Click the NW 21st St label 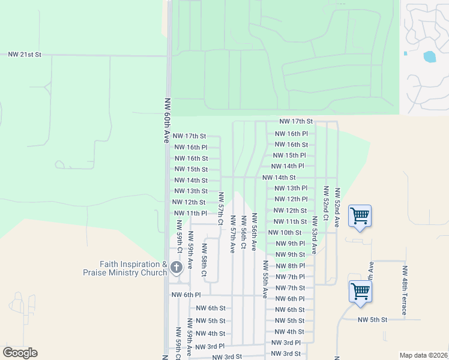(25, 54)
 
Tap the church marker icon (176, 268)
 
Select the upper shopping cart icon (360, 215)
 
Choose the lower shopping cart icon (360, 292)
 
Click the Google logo (20, 352)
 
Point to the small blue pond (429, 57)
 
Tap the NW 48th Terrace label (405, 290)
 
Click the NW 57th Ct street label (221, 206)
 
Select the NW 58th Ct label (204, 260)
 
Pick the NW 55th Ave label (265, 279)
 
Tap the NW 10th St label (285, 232)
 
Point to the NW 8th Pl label (290, 265)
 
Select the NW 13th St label (190, 191)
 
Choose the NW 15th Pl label (290, 155)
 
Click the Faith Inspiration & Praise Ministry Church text (124, 268)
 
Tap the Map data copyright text (423, 355)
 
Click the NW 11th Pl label (190, 213)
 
